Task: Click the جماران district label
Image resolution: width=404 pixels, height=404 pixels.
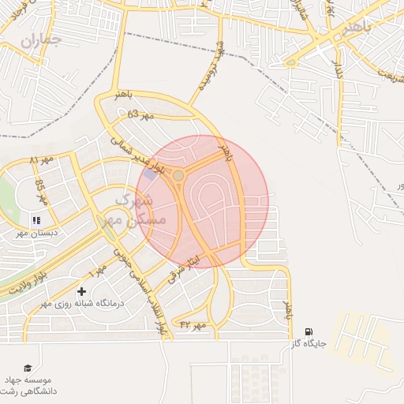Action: (x=40, y=40)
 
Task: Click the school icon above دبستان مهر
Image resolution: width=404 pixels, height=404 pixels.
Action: (x=35, y=220)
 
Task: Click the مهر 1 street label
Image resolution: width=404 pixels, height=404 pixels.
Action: (x=98, y=273)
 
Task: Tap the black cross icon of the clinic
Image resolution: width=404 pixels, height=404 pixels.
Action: (x=81, y=293)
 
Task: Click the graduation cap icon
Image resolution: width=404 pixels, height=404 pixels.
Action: (x=28, y=368)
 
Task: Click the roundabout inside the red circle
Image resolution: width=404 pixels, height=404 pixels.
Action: (x=179, y=174)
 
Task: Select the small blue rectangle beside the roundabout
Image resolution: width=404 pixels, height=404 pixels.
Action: (x=151, y=174)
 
